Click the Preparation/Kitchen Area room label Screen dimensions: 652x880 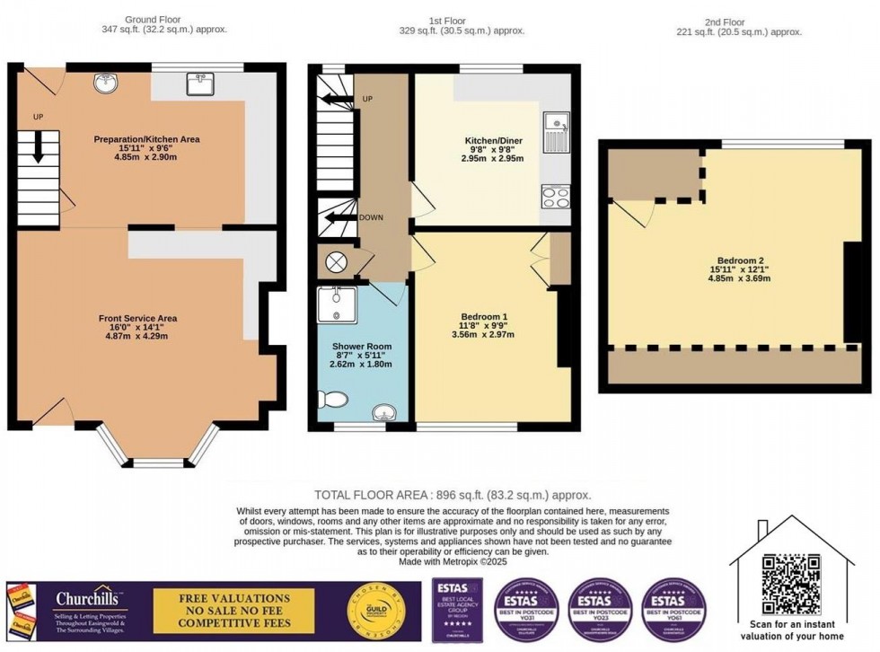[x=146, y=139]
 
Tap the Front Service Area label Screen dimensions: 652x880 [x=137, y=318]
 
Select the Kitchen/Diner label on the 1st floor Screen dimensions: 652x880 [x=493, y=141]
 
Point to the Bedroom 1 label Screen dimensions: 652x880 [x=484, y=317]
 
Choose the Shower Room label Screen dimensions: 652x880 [x=362, y=346]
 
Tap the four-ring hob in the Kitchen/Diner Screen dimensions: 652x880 [x=555, y=196]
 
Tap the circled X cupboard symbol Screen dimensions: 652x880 [x=337, y=262]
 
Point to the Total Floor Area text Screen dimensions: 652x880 [x=453, y=495]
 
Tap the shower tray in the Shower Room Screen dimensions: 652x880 [x=337, y=304]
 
